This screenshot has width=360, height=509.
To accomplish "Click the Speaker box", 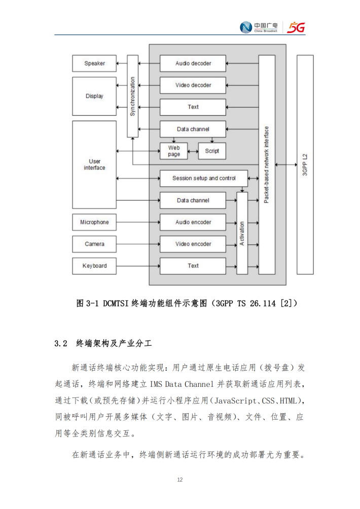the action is coord(94,63).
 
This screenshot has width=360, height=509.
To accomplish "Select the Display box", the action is coord(94,96).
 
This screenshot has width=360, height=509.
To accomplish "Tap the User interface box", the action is coord(94,165).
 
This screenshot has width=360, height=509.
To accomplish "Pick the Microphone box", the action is coord(94,222).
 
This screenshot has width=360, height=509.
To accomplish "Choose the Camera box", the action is coord(94,244).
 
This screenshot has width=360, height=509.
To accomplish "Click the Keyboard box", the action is coord(94,266).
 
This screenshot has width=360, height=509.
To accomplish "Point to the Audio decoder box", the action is coord(193,63).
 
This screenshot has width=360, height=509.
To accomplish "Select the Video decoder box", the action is coord(193,85).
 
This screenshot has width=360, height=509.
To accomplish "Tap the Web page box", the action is coord(174,151).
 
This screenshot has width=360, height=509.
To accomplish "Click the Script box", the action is coord(212,151).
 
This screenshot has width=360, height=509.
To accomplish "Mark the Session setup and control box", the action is coord(204,178).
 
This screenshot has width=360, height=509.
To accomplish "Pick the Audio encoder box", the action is coord(193,222).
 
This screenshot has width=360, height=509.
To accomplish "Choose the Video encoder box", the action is coord(193,244).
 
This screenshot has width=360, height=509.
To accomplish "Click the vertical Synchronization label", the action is coord(132,96).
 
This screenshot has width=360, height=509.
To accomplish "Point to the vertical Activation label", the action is coord(242,233).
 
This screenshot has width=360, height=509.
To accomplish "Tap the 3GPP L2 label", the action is coord(305,165).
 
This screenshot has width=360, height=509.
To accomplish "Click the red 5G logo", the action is coord(296,27).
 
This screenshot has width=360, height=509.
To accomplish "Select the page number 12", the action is coord(180,480).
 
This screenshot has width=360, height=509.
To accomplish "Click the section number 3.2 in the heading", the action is coord(61,343).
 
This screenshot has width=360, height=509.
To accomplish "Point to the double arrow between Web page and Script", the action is coord(193,151).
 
